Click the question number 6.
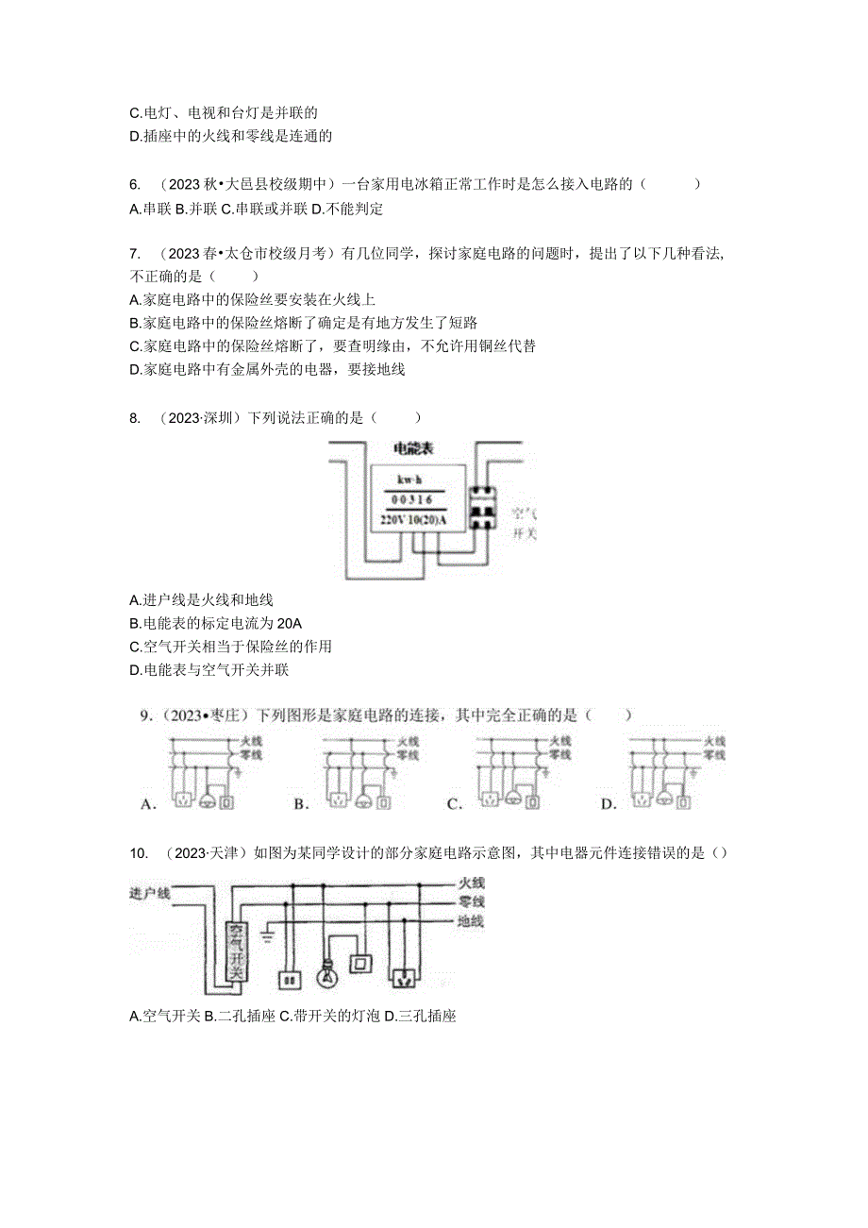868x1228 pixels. pos(134,184)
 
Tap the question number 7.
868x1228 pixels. pos(134,254)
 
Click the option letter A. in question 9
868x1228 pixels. pos(147,804)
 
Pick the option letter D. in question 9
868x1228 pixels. pos(609,804)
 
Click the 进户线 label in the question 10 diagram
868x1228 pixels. pos(150,893)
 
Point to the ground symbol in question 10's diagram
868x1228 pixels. pos(266,937)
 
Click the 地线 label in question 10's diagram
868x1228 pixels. pos(470,921)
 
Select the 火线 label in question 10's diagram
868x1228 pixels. pos(470,883)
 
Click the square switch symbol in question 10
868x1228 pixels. pos(359,964)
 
